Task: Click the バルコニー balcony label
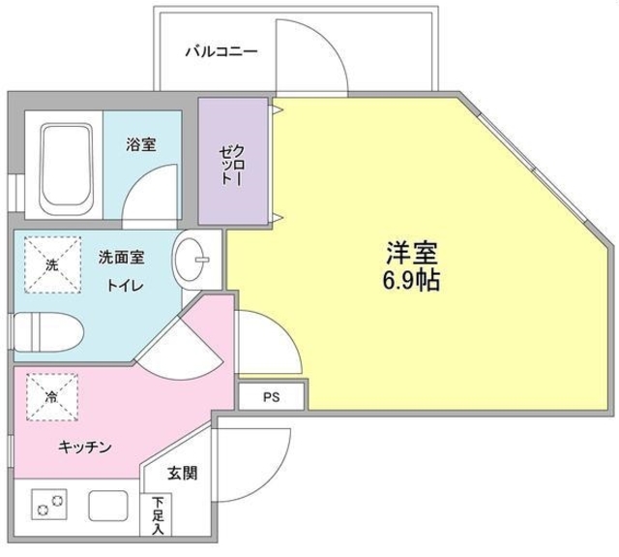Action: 221,51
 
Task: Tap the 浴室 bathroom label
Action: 140,145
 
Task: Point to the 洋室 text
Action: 414,255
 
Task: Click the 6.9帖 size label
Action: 414,282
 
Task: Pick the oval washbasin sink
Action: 194,259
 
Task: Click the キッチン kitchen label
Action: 86,447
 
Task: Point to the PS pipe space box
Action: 272,396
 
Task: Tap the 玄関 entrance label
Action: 181,474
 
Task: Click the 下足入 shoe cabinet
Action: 158,516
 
